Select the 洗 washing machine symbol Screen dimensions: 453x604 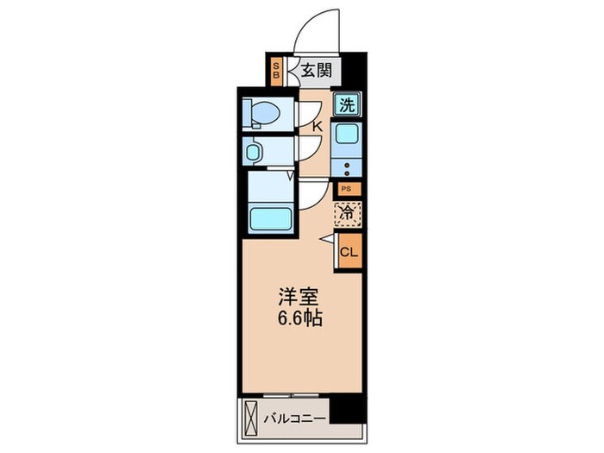coord(346,106)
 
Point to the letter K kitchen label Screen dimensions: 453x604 coord(317,128)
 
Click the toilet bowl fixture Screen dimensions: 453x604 coord(263,113)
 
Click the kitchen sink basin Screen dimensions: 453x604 coord(347,136)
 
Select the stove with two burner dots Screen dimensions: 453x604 coord(347,167)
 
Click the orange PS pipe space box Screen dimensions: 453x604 coord(346,189)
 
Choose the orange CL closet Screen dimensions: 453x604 coord(349,252)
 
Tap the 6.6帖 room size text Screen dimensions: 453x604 coord(299,318)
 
